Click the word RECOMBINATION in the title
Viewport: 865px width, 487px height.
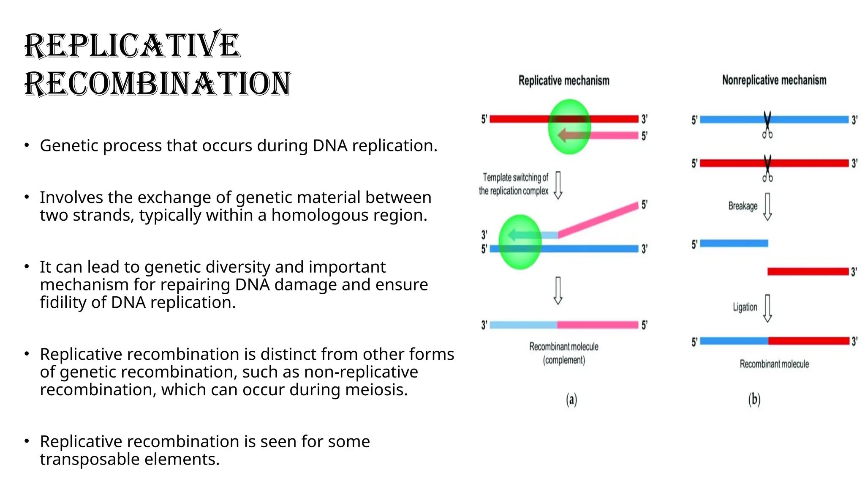(158, 83)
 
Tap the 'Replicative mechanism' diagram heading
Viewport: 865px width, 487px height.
(563, 80)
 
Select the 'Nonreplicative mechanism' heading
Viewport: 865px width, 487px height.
(774, 80)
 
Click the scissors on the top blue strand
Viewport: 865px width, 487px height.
(767, 125)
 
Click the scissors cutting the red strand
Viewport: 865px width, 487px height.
(767, 169)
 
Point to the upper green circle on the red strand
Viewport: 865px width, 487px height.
(569, 126)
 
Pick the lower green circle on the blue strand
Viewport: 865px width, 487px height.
(520, 242)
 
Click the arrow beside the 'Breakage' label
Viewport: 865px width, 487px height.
(767, 207)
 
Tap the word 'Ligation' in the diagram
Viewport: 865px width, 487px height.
(745, 307)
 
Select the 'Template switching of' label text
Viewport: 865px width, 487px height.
(515, 177)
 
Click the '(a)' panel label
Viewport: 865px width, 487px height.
(571, 399)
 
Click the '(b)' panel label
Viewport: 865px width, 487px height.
(754, 399)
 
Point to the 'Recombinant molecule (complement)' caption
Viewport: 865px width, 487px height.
(563, 353)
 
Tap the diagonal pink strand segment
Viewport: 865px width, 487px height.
(598, 220)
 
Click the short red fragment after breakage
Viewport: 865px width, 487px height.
(808, 271)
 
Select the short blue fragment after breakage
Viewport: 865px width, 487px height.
(734, 243)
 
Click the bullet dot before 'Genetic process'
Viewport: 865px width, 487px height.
(27, 145)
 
